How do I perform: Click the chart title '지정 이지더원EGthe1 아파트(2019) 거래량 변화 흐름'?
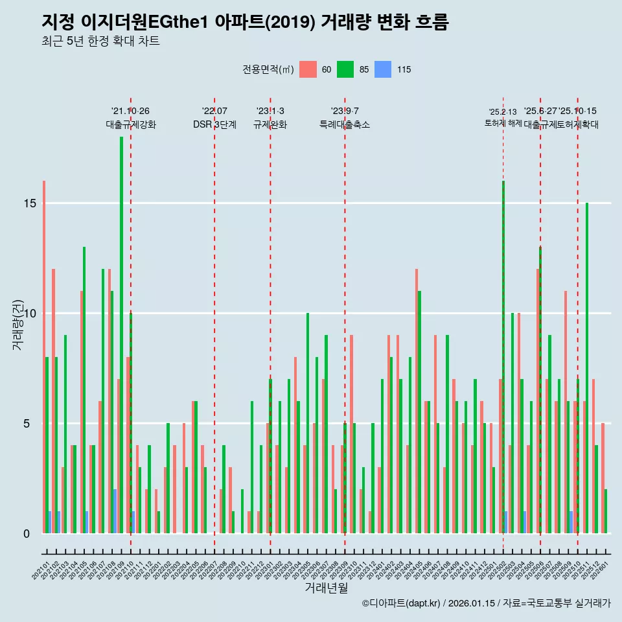coord(244,22)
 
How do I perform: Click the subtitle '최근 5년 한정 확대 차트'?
coord(100,41)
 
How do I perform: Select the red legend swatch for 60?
coord(308,69)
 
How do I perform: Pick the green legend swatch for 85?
coord(345,69)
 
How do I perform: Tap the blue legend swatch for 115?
coord(383,69)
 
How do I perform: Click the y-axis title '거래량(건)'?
coord(18,324)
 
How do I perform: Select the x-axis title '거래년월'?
coord(327,588)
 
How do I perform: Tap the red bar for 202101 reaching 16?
coord(44,356)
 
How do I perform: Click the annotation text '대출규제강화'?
coord(131,124)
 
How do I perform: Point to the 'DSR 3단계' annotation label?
coord(214,124)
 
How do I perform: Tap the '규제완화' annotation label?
coord(270,124)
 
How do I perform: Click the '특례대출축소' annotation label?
coord(345,124)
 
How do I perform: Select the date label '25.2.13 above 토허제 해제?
coord(503,112)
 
